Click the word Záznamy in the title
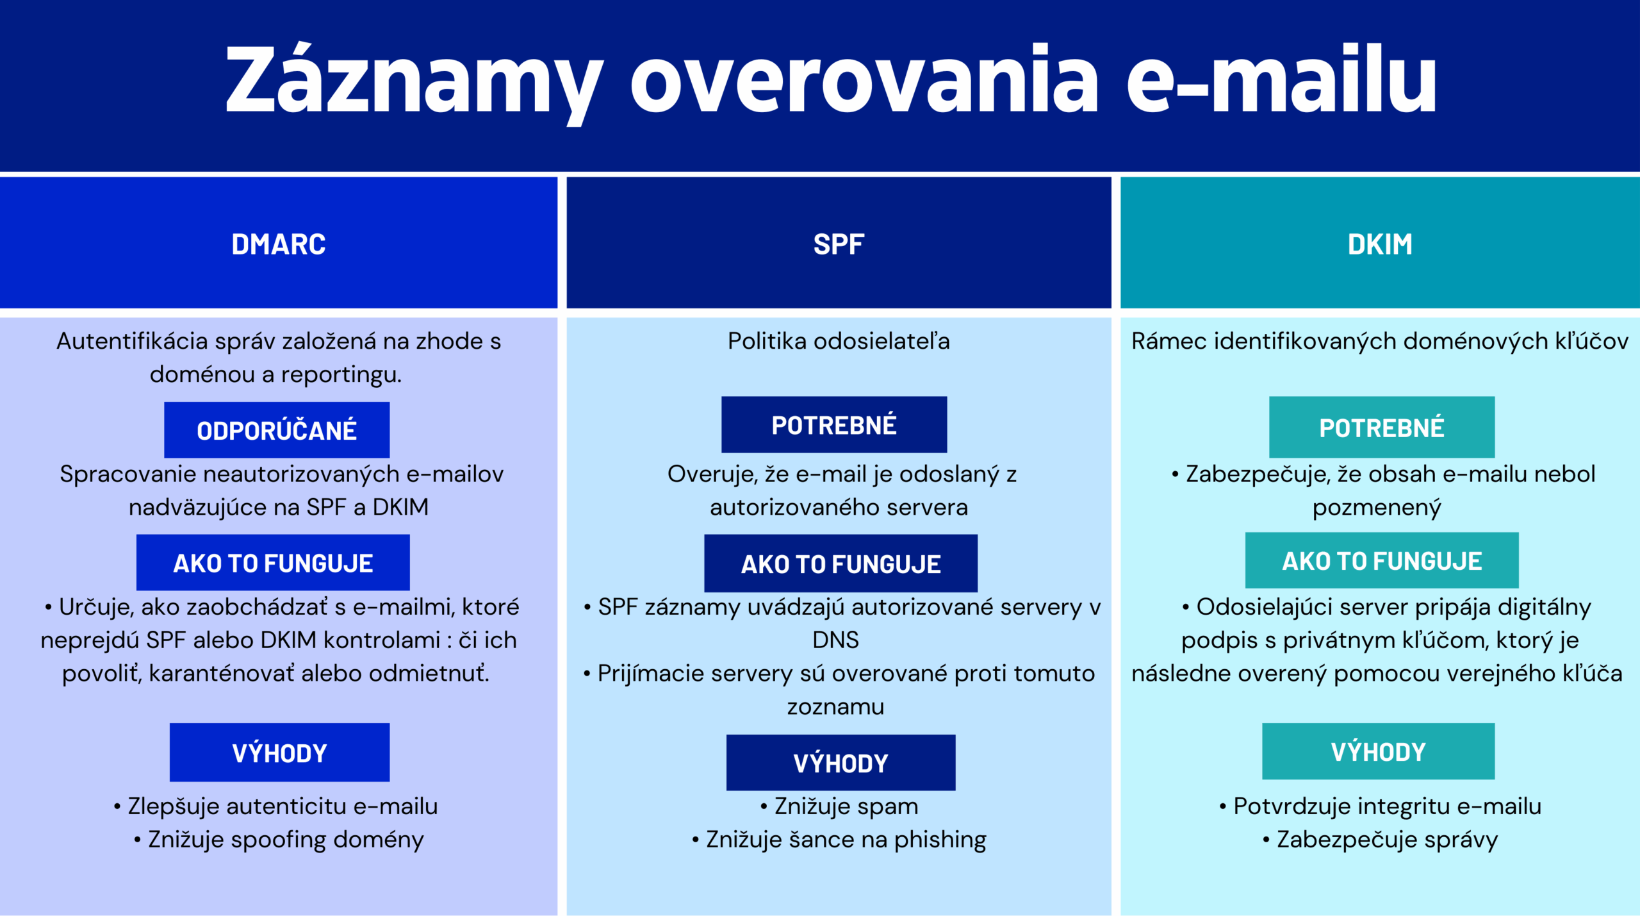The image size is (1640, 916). click(x=413, y=80)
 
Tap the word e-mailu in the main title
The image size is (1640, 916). click(x=1281, y=80)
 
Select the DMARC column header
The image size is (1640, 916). click(x=278, y=244)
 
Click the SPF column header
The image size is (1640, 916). click(x=839, y=244)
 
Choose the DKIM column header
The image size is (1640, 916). click(x=1380, y=244)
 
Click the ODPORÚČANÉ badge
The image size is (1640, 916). click(x=277, y=430)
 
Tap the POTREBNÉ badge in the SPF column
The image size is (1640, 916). click(x=834, y=425)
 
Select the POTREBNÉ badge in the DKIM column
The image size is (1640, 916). click(x=1382, y=428)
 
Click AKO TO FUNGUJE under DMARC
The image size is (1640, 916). click(x=273, y=563)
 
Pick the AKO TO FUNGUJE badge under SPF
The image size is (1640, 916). click(x=840, y=563)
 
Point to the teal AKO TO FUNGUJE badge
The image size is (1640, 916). click(x=1382, y=561)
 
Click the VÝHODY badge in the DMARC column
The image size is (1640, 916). click(x=279, y=753)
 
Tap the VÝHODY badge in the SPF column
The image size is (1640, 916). click(x=840, y=763)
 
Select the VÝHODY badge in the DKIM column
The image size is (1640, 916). click(x=1378, y=751)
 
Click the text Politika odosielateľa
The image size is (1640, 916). click(x=839, y=341)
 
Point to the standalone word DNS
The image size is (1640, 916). click(x=835, y=640)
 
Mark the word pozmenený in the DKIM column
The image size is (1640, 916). click(x=1376, y=508)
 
